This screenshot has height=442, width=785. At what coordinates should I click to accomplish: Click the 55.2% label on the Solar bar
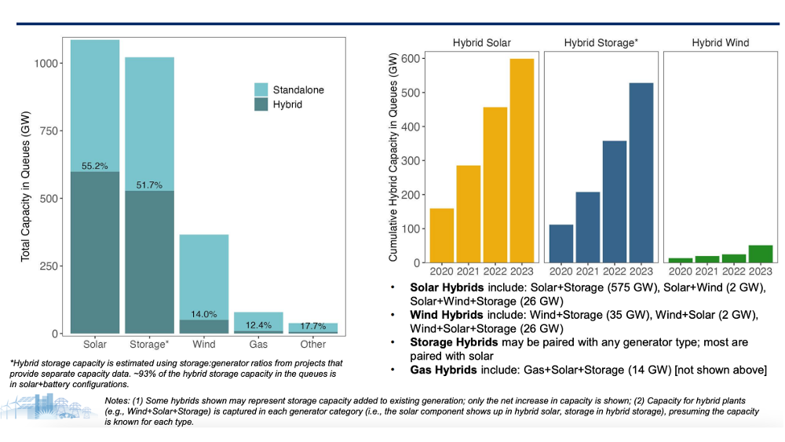(x=95, y=166)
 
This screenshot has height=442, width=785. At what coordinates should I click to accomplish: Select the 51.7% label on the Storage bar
(x=149, y=184)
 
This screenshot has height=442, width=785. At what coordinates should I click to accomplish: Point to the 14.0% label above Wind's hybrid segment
(x=204, y=314)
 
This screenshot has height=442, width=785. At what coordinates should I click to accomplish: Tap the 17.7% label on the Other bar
(x=313, y=326)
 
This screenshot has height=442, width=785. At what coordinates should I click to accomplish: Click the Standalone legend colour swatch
(x=261, y=89)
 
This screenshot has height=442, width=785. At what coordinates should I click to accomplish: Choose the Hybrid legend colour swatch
(x=261, y=104)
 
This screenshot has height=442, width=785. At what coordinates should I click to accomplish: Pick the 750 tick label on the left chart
(x=49, y=130)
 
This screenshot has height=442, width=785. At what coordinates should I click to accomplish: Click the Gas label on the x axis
(x=258, y=345)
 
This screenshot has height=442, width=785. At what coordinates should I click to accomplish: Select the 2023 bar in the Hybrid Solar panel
(x=522, y=161)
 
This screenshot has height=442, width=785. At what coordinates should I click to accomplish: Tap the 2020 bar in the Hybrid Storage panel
(x=560, y=244)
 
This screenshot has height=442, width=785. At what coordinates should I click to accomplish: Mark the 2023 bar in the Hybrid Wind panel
(x=761, y=254)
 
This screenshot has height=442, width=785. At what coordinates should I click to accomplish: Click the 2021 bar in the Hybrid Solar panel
(x=468, y=214)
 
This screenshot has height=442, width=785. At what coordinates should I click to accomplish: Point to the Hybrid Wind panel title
(x=721, y=43)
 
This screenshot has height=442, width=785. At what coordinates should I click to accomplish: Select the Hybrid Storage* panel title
(x=601, y=43)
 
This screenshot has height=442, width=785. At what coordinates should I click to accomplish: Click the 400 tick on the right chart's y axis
(x=411, y=126)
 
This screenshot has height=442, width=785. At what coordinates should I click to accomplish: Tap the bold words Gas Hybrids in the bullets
(x=443, y=370)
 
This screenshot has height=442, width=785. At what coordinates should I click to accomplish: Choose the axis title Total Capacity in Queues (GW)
(x=26, y=186)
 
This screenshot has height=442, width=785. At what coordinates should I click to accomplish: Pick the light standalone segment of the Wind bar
(x=204, y=277)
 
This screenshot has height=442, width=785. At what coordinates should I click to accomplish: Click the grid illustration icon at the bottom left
(x=49, y=407)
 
